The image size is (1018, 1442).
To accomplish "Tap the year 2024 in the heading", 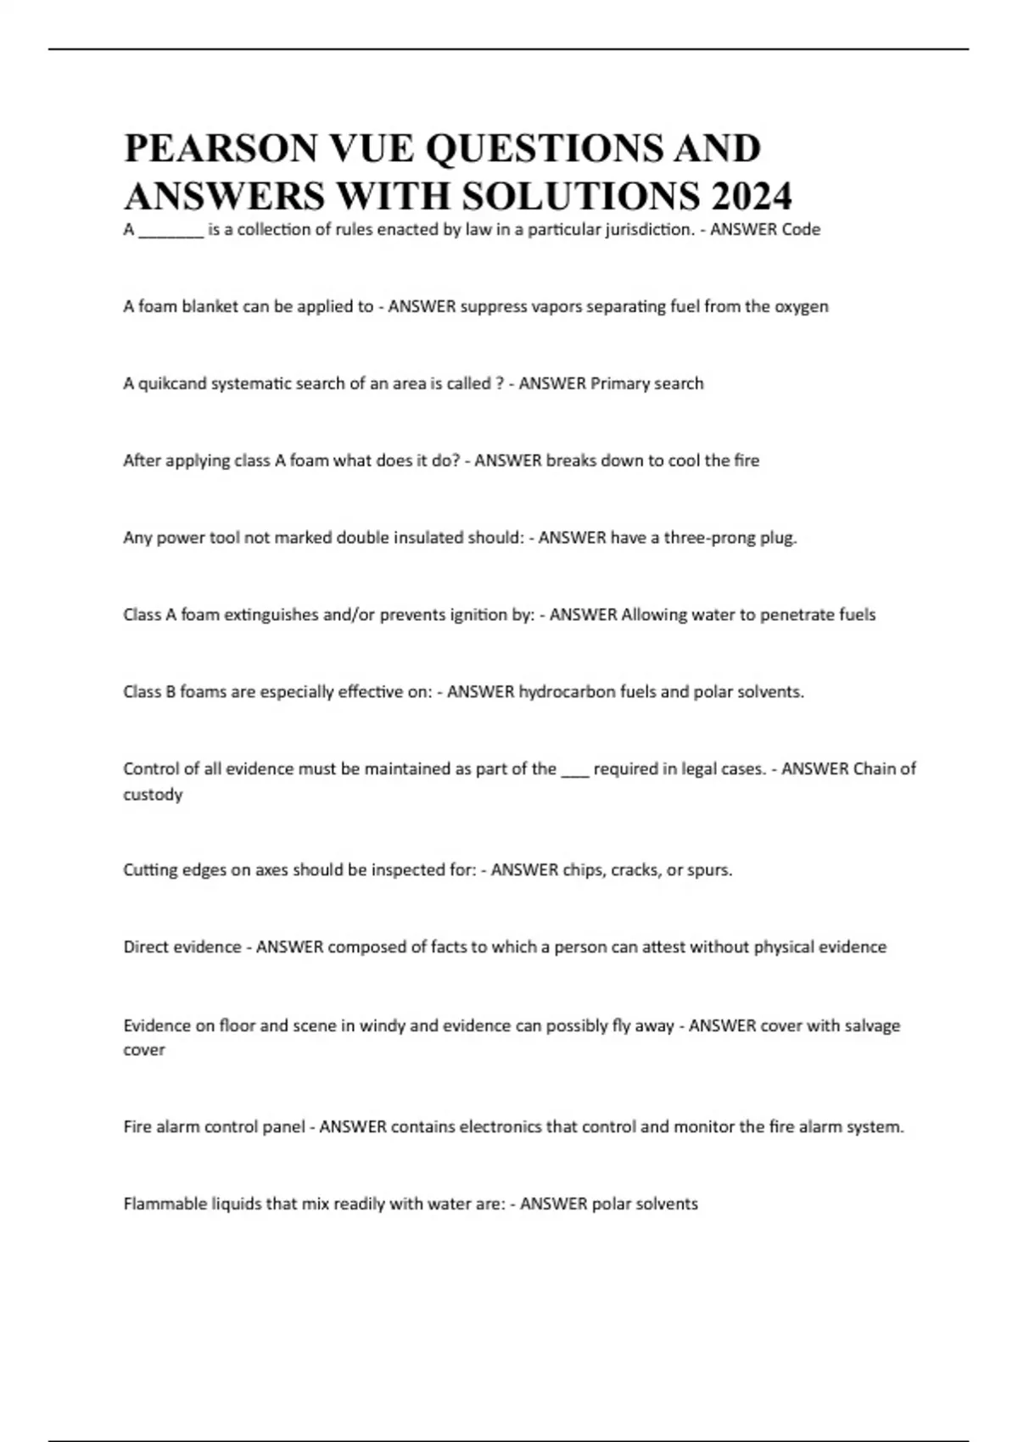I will (752, 197).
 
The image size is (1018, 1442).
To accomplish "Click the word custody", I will (153, 795).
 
